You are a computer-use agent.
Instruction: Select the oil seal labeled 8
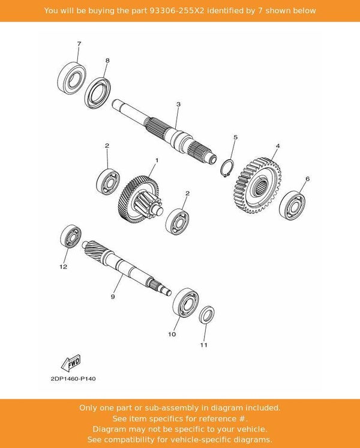click(97, 90)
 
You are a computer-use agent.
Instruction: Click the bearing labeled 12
click(70, 236)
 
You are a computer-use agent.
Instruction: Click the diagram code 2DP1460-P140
click(69, 379)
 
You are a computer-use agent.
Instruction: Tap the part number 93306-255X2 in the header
click(183, 11)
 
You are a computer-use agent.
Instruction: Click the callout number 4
click(278, 146)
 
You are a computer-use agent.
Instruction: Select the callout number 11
click(203, 345)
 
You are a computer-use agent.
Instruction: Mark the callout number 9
click(112, 297)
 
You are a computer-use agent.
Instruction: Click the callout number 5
click(235, 138)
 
